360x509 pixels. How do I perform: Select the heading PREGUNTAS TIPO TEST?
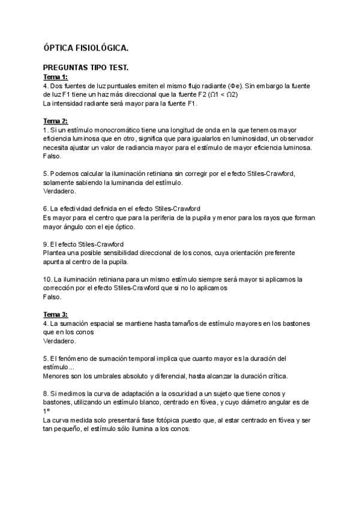(86, 68)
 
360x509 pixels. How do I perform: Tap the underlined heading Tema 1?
(56, 77)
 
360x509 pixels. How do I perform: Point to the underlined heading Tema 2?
(56, 121)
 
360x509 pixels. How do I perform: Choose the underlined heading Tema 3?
(56, 314)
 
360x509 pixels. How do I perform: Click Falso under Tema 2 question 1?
(52, 156)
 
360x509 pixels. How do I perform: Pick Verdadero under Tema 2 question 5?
(60, 191)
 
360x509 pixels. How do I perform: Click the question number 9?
(46, 245)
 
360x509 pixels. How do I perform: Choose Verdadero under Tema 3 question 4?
(60, 340)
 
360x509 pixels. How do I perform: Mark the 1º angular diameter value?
(46, 411)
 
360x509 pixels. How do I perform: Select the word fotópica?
(145, 420)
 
